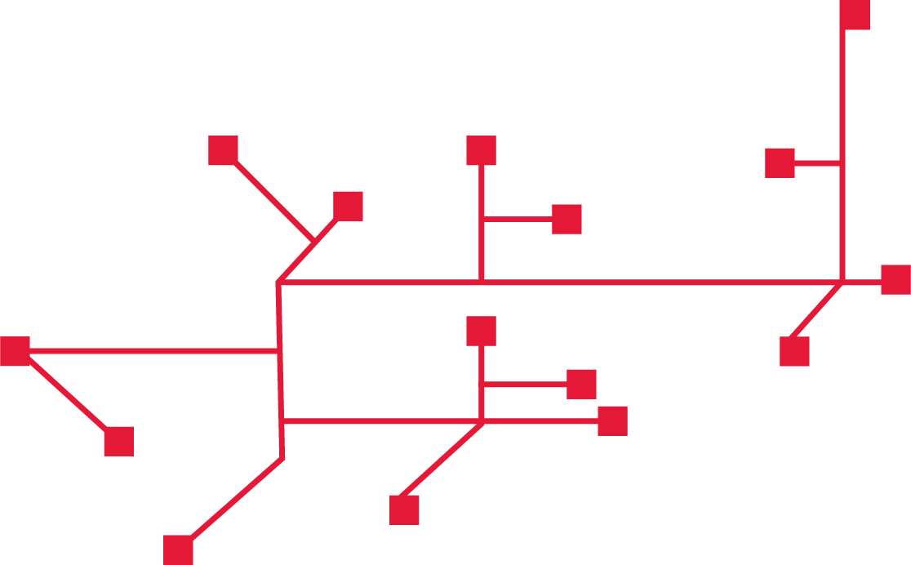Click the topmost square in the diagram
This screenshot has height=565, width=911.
854,15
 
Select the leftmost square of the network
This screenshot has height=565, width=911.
15,351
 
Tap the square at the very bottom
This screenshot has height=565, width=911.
178,549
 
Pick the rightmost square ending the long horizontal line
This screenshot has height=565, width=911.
895,279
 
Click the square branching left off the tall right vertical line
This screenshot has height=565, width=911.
780,162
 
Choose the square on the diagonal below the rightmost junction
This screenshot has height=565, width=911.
794,351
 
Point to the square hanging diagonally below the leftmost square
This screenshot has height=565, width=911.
118,441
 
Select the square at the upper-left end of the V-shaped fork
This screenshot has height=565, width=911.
223,150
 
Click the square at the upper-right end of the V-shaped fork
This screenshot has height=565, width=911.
348,206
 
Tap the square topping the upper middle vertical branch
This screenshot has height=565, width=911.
481,150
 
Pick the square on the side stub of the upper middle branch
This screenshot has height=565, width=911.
567,219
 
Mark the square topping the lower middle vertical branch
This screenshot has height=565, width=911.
481,331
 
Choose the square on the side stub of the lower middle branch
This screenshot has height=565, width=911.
581,384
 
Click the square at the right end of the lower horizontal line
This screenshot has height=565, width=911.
612,420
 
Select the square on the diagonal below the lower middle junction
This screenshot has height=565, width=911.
404,509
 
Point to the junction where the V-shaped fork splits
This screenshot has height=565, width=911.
314,242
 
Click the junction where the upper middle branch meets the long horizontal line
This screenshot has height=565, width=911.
481,282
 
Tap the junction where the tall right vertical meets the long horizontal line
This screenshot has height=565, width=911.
842,282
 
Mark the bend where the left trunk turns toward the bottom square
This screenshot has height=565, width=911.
282,458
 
